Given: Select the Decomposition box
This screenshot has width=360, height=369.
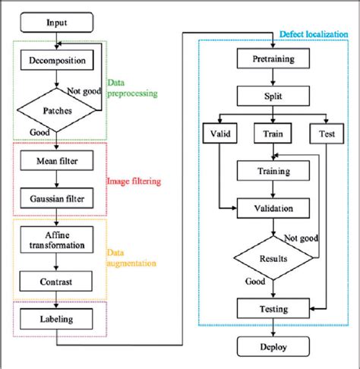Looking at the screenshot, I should tap(56, 60).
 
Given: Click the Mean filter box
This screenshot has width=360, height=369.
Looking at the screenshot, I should tap(56, 160).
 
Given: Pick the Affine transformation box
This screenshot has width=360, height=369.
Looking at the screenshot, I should tap(56, 239).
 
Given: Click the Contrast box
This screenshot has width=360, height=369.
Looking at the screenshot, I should tap(56, 281).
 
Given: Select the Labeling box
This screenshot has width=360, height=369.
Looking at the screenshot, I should tap(56, 320).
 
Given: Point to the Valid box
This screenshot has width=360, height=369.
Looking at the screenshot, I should tap(219, 134).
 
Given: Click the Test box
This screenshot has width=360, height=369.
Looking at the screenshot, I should tap(327, 134).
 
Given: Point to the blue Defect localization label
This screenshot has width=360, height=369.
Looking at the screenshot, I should tap(314, 33).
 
